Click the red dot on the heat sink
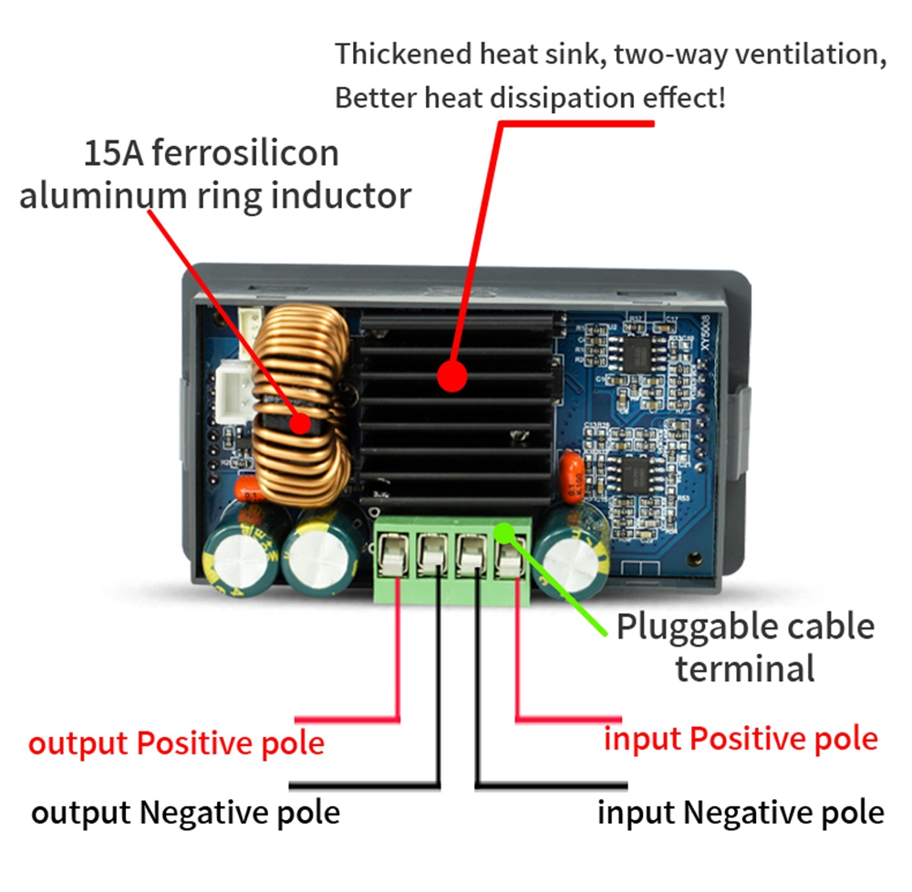pyautogui.click(x=452, y=376)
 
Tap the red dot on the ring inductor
pyautogui.click(x=300, y=422)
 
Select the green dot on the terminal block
pyautogui.click(x=504, y=532)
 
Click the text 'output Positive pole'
pyautogui.click(x=176, y=743)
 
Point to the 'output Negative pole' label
pyautogui.click(x=185, y=813)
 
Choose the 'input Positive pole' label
pyautogui.click(x=741, y=740)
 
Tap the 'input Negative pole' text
pyautogui.click(x=741, y=813)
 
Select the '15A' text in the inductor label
pyautogui.click(x=113, y=153)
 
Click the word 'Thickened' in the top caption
pyautogui.click(x=404, y=54)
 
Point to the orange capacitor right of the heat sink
pyautogui.click(x=572, y=478)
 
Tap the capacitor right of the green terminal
pyautogui.click(x=571, y=550)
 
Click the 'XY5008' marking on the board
pyautogui.click(x=705, y=333)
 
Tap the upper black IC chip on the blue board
pyautogui.click(x=639, y=354)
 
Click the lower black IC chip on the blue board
pyautogui.click(x=637, y=474)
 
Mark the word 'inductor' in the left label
pyautogui.click(x=341, y=196)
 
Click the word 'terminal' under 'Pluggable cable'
pyautogui.click(x=745, y=669)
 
